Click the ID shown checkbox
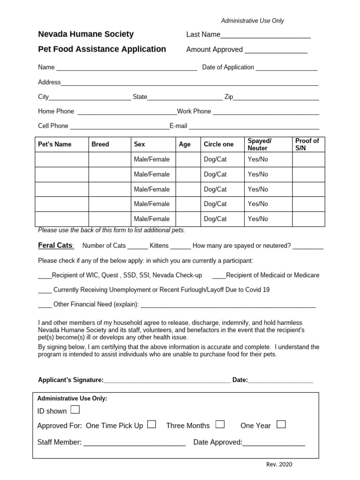tap(75, 410)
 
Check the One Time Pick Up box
tap(151, 425)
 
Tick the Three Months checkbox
tap(220, 425)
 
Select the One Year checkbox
tap(281, 425)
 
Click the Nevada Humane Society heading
tap(86, 34)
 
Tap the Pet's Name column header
tap(55, 144)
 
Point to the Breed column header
tap(100, 144)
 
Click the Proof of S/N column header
tap(307, 144)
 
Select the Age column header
tap(185, 144)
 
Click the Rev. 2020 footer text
tap(279, 465)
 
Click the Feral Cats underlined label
tap(55, 246)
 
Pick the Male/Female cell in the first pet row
tap(152, 159)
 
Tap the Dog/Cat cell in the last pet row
tap(215, 219)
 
